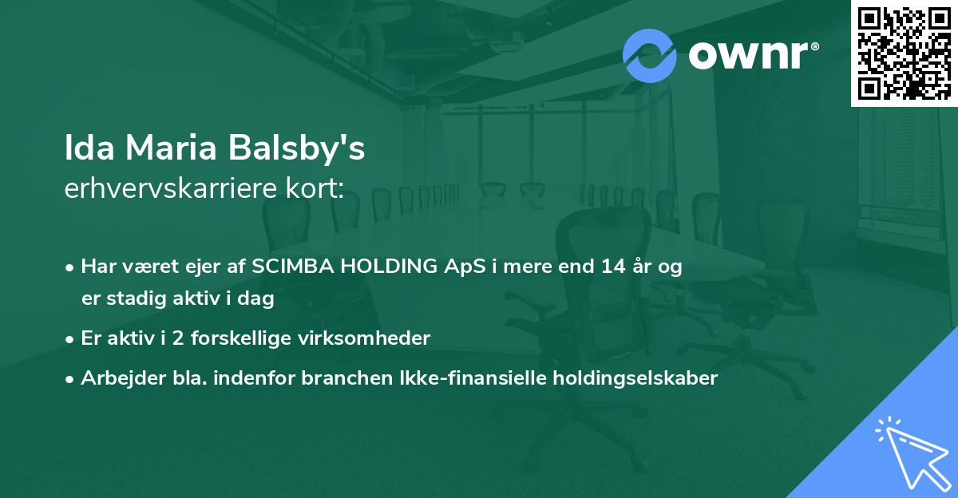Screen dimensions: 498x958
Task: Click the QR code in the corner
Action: (x=904, y=53)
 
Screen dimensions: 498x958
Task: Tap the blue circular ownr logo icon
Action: (x=650, y=55)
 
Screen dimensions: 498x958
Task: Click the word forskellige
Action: (x=247, y=338)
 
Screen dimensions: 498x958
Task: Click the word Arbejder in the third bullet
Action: (x=115, y=378)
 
